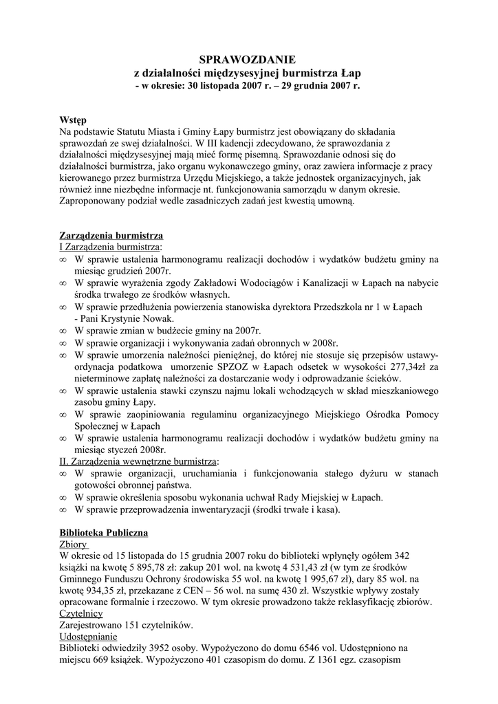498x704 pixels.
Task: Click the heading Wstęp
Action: [73, 120]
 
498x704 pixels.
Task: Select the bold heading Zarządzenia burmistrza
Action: [111, 235]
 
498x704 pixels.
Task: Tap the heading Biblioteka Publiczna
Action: [104, 533]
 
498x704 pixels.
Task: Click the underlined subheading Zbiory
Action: [74, 544]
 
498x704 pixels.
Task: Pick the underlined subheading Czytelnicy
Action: [81, 614]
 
